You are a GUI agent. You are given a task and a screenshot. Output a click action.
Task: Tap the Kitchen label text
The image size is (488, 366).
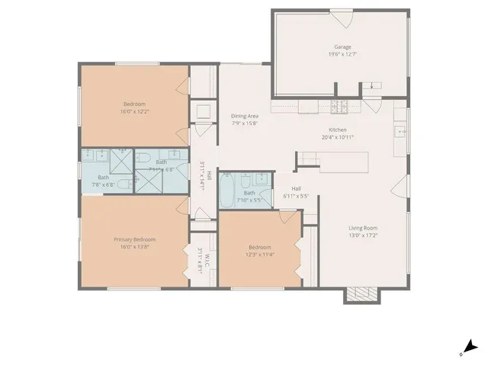click(338, 130)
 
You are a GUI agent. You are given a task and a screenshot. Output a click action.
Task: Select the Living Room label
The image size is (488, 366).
click(363, 228)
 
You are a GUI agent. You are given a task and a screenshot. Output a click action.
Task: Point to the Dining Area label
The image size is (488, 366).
click(245, 116)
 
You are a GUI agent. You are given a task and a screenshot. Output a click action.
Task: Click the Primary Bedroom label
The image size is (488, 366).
click(134, 239)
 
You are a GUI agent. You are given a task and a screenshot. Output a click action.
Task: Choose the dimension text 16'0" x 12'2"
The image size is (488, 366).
click(134, 111)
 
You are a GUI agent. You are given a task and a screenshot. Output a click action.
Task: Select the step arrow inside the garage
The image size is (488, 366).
click(371, 85)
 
